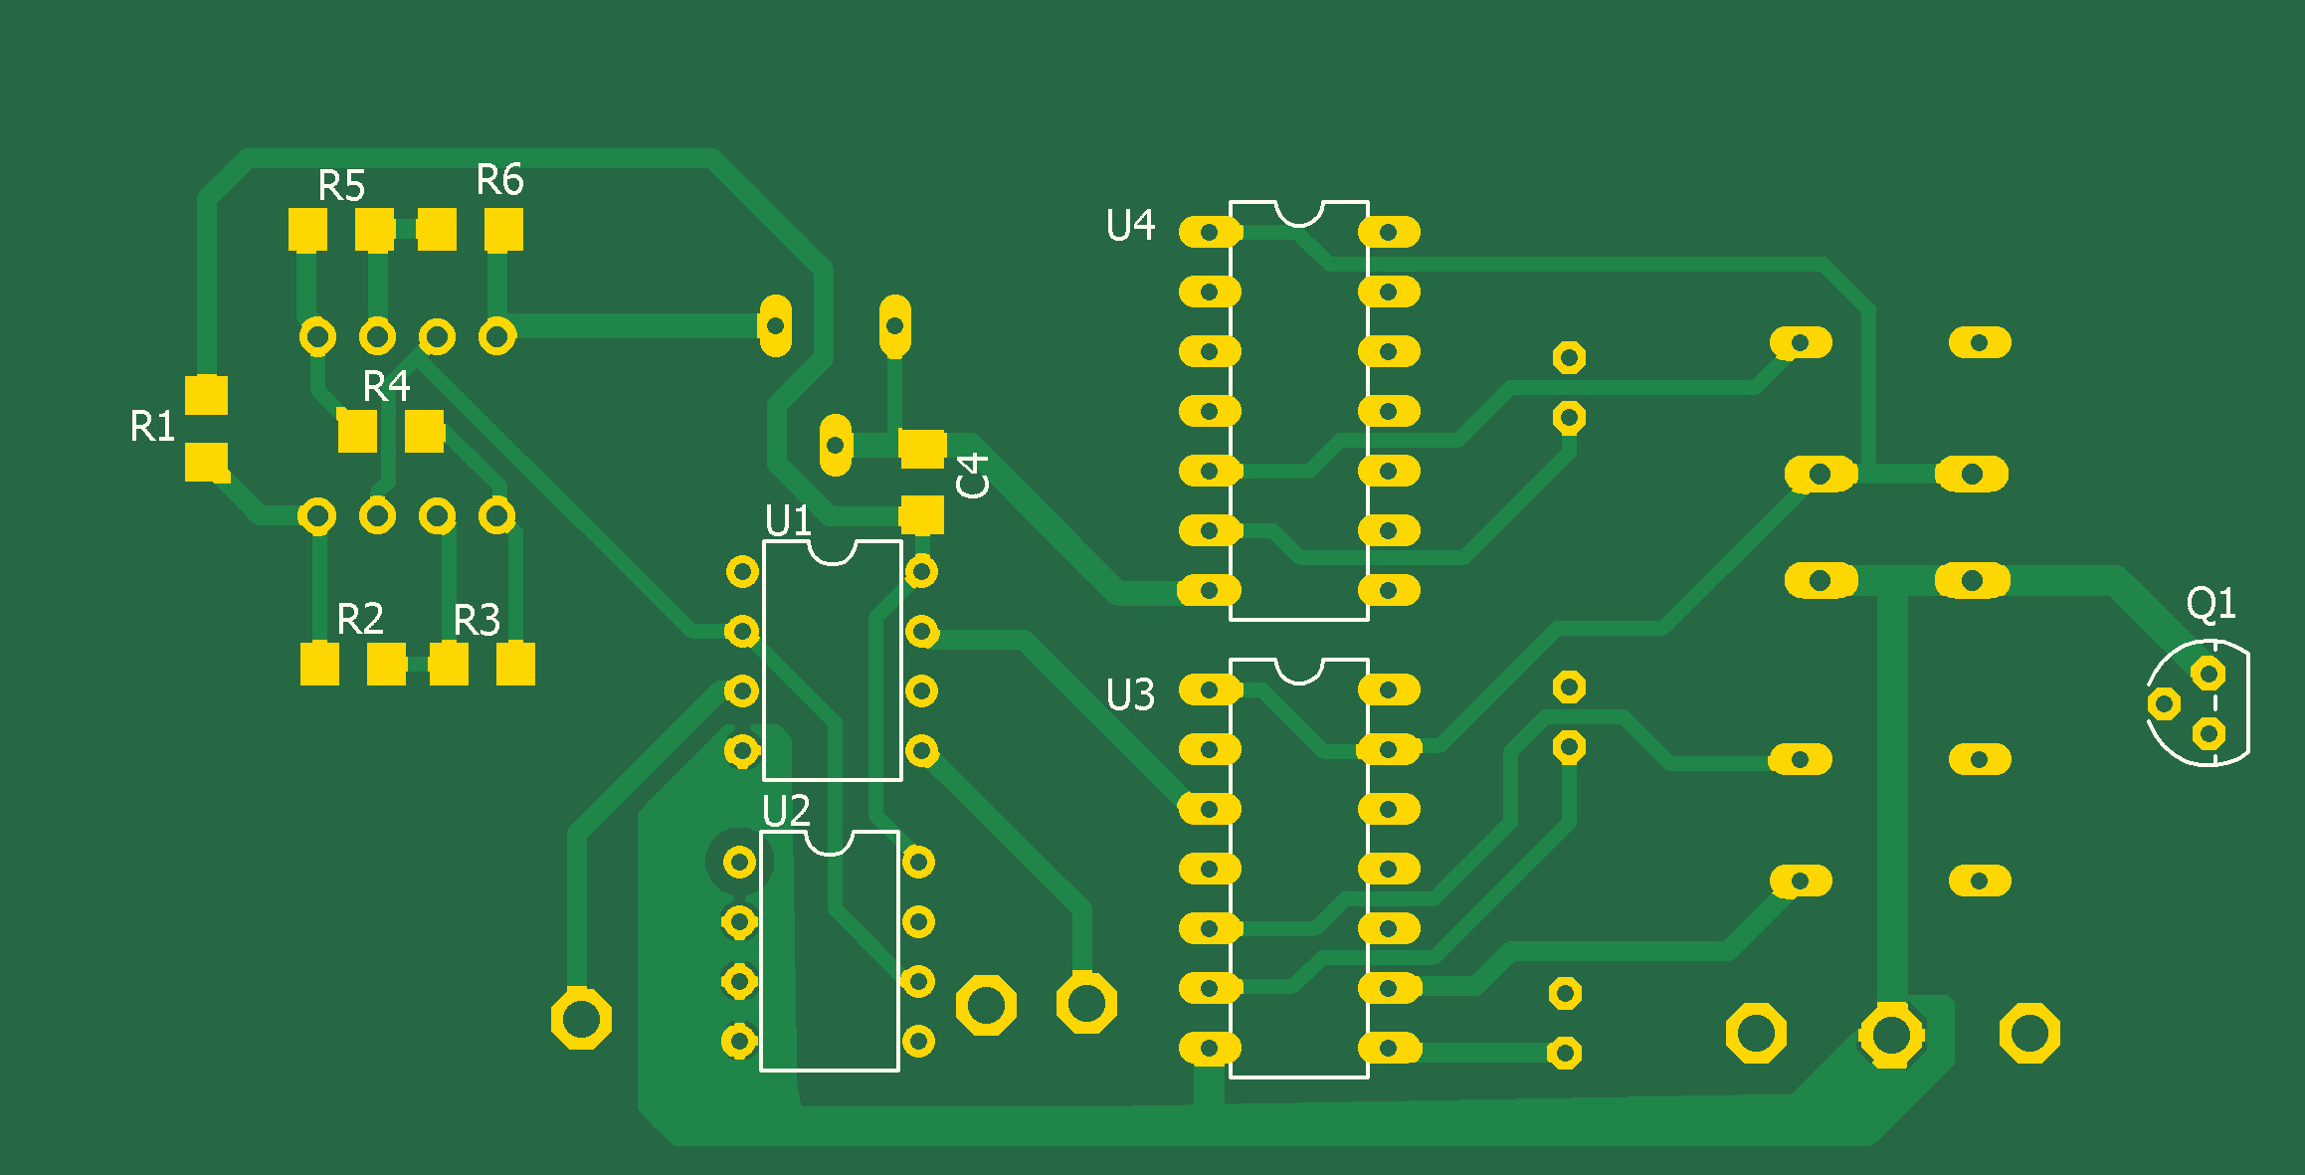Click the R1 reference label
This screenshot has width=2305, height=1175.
pos(152,427)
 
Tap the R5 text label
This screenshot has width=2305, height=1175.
pos(341,186)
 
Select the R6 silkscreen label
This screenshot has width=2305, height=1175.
pos(499,180)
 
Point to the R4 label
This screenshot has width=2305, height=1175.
pos(386,386)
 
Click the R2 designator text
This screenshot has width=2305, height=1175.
pos(360,620)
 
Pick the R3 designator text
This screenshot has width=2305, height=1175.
pos(477,621)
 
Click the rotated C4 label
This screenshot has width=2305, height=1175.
pos(973,475)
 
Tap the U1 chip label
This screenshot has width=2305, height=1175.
pos(788,520)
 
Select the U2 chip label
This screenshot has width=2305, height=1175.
pos(786,812)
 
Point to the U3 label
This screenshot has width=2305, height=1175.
pos(1130,695)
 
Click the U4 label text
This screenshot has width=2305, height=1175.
pos(1130,226)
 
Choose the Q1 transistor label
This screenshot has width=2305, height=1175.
pos(2210,603)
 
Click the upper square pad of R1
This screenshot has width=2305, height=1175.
pos(207,395)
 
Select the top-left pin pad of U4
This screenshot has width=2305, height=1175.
pos(1210,233)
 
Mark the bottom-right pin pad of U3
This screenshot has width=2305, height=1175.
pos(1389,1048)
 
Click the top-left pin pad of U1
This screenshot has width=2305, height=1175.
pos(742,572)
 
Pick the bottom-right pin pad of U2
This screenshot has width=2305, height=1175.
pos(918,1042)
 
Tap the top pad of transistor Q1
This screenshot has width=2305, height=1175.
pos(2209,675)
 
